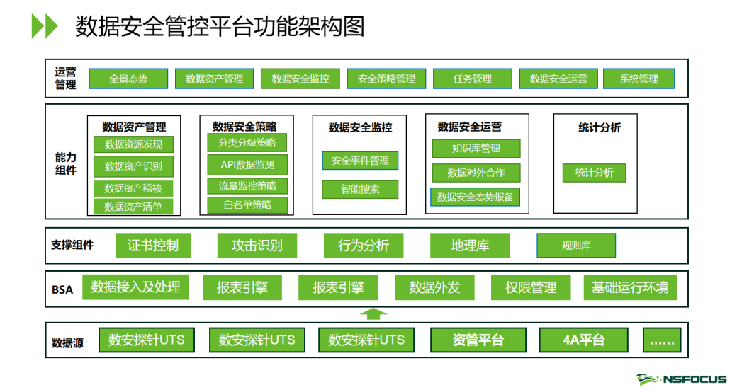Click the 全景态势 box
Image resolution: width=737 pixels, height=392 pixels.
point(128,79)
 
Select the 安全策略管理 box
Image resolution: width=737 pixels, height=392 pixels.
point(386,79)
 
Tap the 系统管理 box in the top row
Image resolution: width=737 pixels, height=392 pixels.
point(638,79)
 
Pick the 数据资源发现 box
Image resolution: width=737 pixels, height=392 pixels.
point(133,144)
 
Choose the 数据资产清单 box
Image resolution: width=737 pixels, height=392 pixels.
point(133,207)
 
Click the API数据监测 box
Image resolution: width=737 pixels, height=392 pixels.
point(247,165)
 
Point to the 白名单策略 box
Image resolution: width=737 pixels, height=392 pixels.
point(247,204)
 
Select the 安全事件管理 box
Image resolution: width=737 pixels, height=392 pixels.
point(360,161)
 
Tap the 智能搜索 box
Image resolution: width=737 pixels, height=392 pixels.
point(360,189)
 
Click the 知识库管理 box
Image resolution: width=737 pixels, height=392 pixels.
point(476,149)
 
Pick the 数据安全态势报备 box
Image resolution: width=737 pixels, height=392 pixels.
point(476,197)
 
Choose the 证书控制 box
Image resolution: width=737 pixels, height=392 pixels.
point(153,246)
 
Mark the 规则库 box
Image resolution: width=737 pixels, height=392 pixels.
point(576,246)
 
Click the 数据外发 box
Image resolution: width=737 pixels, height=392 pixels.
point(434,287)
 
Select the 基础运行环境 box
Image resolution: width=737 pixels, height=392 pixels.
point(630,287)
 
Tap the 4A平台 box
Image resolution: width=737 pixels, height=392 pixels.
point(584,340)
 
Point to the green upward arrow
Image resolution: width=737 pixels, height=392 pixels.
point(373,314)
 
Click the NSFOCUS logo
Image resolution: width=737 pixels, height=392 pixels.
point(682,379)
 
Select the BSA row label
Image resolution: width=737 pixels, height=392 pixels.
point(62,289)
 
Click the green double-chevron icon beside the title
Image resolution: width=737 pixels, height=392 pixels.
point(44,25)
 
